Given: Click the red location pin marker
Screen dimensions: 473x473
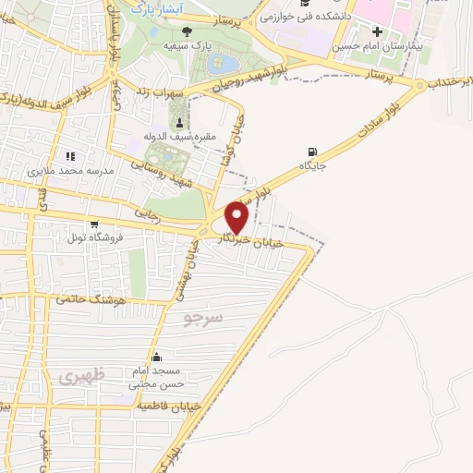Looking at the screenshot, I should click(x=237, y=218).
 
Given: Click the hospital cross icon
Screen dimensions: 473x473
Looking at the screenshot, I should click(x=376, y=32).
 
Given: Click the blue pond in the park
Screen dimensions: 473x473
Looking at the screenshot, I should click(x=223, y=65).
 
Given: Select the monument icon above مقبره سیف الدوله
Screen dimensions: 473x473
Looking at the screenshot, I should click(x=178, y=123).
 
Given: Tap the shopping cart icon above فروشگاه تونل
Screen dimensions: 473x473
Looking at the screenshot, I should click(x=93, y=224).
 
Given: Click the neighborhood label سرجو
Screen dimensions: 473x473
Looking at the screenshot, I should click(x=203, y=320).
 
